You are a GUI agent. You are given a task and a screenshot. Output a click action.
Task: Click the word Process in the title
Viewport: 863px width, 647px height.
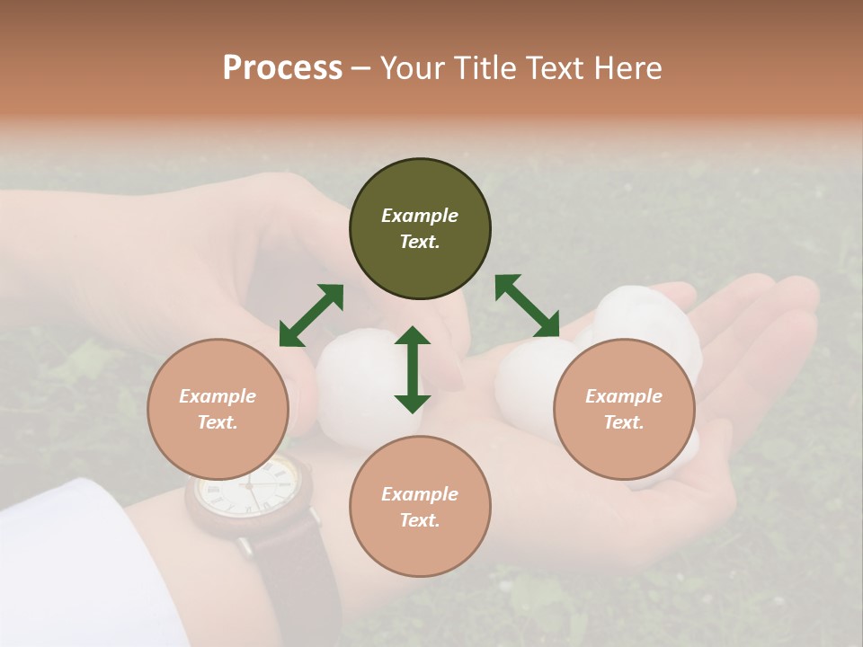(282, 67)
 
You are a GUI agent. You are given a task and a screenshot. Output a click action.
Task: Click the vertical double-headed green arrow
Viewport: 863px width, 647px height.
(413, 369)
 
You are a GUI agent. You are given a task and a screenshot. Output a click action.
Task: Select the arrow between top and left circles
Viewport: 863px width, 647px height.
(311, 315)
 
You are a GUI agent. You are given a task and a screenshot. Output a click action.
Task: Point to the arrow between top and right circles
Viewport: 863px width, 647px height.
(527, 306)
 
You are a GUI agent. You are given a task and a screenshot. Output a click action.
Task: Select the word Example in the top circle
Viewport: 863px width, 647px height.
(420, 216)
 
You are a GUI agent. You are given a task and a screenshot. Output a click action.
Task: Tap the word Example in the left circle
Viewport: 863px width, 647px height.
(218, 396)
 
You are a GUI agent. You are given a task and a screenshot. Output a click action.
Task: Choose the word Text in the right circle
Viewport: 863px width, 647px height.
(624, 422)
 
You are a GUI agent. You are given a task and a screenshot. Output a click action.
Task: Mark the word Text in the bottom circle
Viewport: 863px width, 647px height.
(420, 520)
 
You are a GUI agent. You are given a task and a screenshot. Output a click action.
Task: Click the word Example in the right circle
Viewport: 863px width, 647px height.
(624, 396)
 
